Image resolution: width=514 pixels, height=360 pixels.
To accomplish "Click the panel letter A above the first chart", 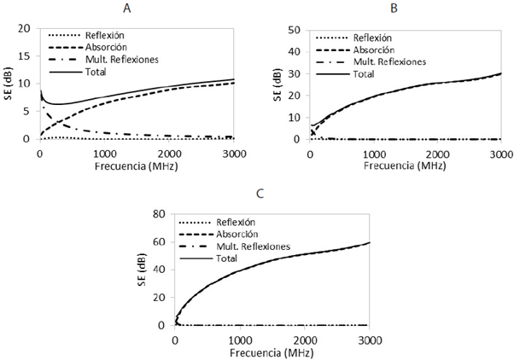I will click(x=126, y=9).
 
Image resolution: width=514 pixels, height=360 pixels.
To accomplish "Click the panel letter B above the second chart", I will click(x=393, y=9).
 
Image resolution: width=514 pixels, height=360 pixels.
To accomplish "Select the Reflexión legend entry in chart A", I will click(x=106, y=35).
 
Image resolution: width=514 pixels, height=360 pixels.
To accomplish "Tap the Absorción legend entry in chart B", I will click(x=372, y=50).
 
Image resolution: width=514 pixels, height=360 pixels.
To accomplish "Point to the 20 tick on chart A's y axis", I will click(x=25, y=29).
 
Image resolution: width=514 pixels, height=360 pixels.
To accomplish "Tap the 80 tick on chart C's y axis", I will click(x=160, y=215).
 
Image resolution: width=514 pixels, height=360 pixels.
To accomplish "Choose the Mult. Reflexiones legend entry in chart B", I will click(x=391, y=61).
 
